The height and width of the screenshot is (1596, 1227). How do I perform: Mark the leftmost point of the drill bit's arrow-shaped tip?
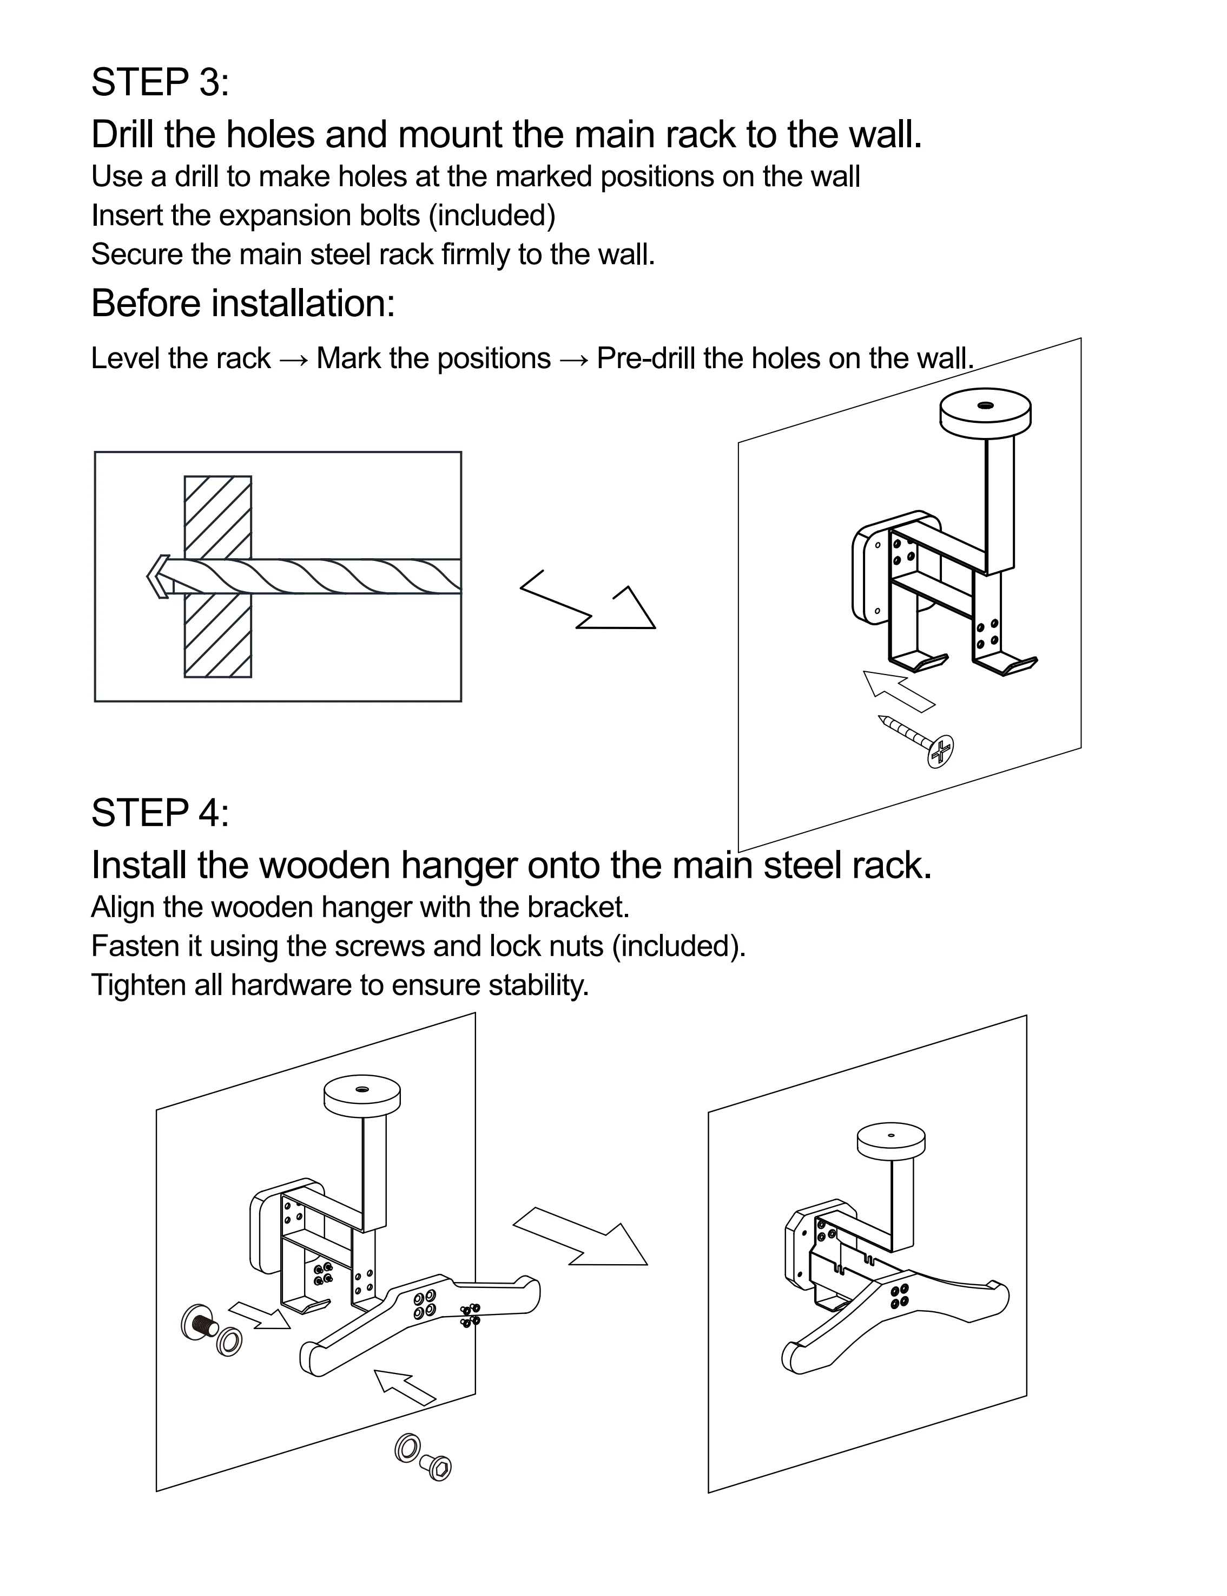click(147, 577)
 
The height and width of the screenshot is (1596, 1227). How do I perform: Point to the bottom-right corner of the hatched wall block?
click(251, 677)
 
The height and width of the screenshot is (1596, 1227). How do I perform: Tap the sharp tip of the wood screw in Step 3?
click(879, 717)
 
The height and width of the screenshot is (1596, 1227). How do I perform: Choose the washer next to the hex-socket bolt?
click(406, 1448)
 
